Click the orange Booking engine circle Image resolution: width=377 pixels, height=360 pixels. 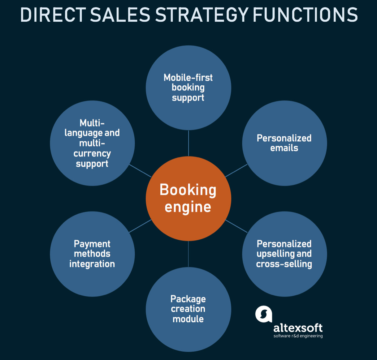188,199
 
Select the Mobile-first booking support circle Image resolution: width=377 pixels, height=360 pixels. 188,88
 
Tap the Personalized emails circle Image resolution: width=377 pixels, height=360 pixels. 284,143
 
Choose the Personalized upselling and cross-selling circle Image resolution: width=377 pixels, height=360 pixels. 284,254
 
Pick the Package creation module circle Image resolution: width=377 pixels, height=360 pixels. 188,309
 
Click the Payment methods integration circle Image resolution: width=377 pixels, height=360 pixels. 92,254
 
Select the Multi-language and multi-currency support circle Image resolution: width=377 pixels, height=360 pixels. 92,143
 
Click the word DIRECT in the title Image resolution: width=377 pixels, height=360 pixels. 53,15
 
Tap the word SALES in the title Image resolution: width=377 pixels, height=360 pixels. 120,15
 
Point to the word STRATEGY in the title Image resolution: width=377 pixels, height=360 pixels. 202,15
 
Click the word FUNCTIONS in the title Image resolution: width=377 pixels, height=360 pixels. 305,15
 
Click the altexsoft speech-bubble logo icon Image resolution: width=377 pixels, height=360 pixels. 264,314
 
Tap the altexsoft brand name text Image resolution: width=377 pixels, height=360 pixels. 298,328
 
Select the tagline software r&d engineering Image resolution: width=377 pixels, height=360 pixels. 298,336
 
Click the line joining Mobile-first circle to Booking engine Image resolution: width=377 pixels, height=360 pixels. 188,143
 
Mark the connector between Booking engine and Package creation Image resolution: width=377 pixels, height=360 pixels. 188,254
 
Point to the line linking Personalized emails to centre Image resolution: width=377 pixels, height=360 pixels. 236,171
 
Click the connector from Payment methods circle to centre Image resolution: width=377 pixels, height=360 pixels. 140,226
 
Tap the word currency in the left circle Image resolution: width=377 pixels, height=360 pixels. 92,154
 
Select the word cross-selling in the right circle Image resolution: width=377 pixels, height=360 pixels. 284,264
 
